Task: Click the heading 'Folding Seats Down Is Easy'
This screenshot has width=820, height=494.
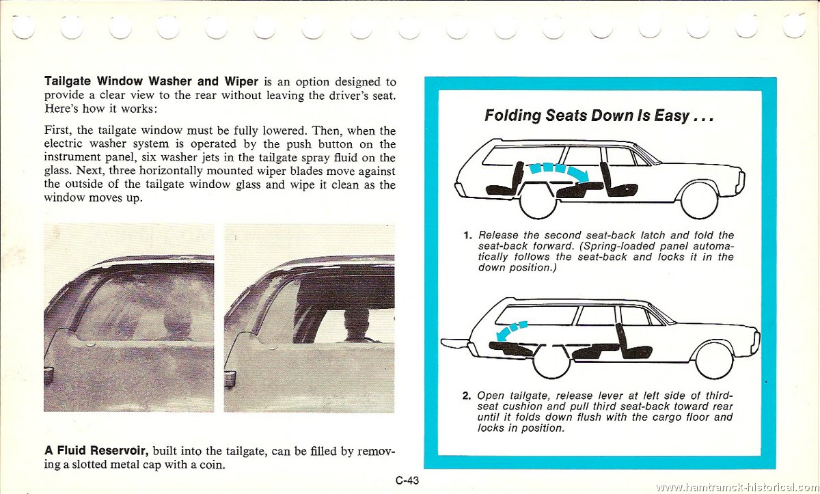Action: tap(599, 115)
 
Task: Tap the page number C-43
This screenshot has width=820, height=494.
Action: tap(407, 480)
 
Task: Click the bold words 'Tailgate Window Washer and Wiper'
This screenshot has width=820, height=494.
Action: tap(151, 82)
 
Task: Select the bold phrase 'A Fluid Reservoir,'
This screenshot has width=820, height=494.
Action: tap(96, 451)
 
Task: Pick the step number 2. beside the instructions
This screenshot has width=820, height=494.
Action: tap(467, 396)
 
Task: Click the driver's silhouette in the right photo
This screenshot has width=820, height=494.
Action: tap(356, 325)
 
